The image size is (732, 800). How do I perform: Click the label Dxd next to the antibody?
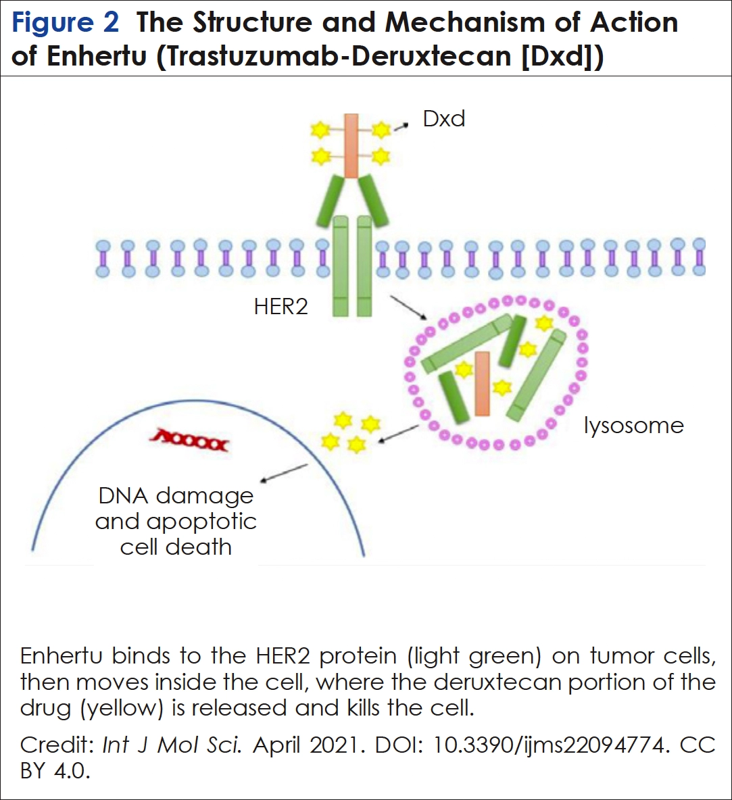coord(444,119)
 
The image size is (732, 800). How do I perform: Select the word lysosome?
coord(633,426)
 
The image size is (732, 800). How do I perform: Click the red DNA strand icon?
coord(191,443)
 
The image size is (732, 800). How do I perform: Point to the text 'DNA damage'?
coord(176,496)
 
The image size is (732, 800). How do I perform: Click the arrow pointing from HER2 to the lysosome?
coord(409,307)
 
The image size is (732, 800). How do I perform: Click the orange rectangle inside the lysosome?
coord(482,383)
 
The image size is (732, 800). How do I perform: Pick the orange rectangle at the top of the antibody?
coord(351,145)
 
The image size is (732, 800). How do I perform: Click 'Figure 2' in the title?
coord(66,22)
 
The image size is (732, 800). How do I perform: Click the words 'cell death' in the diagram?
coord(176,547)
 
